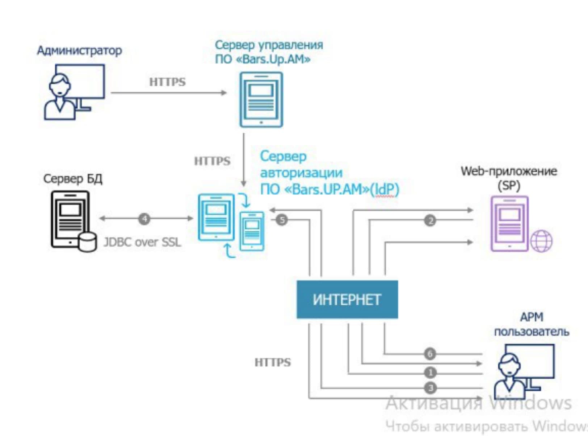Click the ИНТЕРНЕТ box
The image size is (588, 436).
click(347, 299)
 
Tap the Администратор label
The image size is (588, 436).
click(80, 50)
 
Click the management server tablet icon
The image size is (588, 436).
click(261, 99)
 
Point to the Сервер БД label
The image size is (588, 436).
click(73, 179)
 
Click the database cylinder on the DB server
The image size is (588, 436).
click(87, 242)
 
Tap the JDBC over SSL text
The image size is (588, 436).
click(142, 242)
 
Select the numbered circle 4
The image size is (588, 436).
click(144, 219)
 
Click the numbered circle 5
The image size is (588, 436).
click(282, 220)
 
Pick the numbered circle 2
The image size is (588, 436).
click(430, 221)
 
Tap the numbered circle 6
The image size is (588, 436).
click(430, 354)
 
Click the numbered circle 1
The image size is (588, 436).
click(430, 373)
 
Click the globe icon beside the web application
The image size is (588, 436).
click(541, 241)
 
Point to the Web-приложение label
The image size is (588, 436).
click(509, 171)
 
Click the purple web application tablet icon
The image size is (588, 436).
click(509, 223)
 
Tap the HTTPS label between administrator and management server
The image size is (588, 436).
click(167, 82)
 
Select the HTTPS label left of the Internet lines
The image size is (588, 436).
click(273, 362)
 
